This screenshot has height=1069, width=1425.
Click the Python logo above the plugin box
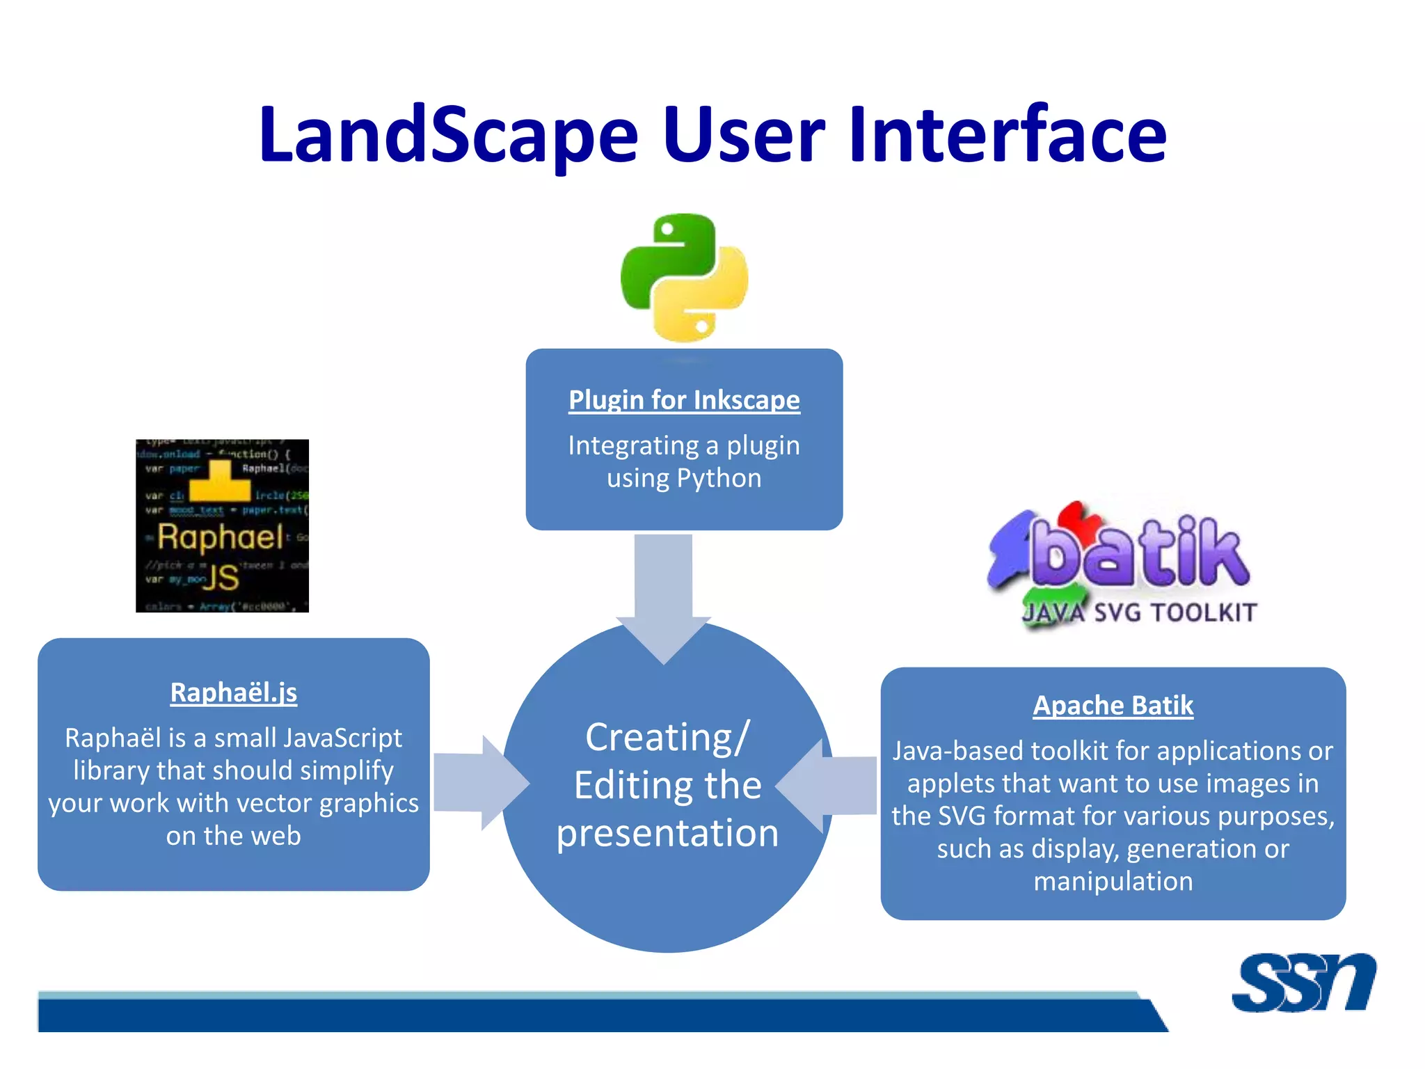tap(684, 277)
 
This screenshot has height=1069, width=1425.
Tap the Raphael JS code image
tap(222, 525)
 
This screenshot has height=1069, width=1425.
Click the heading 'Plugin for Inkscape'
tap(684, 400)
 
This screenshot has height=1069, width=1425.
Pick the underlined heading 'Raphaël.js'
tap(234, 692)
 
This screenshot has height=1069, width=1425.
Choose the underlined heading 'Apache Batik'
tap(1113, 705)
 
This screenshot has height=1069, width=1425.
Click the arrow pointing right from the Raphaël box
tap(480, 783)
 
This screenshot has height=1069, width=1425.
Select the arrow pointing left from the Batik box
tap(828, 786)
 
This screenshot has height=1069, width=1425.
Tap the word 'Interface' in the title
tap(1007, 135)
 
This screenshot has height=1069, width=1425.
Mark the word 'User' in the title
tap(744, 135)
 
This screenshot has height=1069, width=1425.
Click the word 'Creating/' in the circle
tap(667, 738)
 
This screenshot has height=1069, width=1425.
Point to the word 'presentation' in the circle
tap(667, 834)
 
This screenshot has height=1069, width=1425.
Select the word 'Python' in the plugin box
tap(719, 479)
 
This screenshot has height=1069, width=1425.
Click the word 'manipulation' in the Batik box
tap(1113, 881)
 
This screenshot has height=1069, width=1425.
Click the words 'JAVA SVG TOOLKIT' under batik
tap(1140, 613)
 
